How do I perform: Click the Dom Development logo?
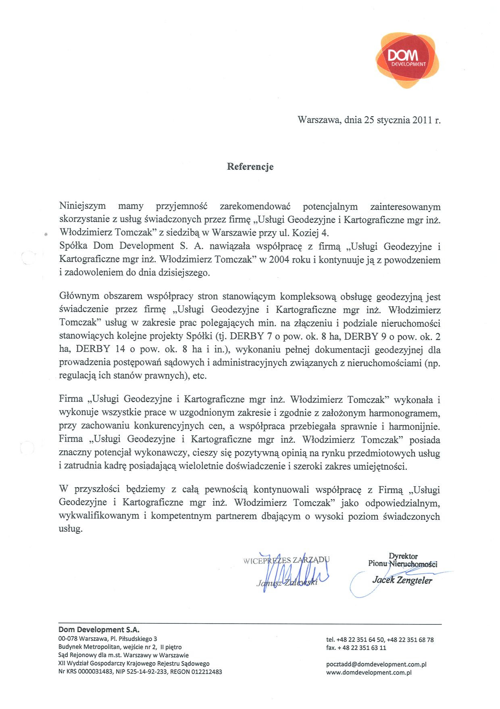pyautogui.click(x=407, y=60)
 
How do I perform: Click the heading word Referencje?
pyautogui.click(x=250, y=167)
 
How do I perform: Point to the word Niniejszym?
pyautogui.click(x=82, y=206)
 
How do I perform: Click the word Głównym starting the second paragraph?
pyautogui.click(x=79, y=296)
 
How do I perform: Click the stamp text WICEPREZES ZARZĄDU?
pyautogui.click(x=286, y=560)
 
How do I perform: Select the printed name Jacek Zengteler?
pyautogui.click(x=402, y=580)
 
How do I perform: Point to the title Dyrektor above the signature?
pyautogui.click(x=403, y=556)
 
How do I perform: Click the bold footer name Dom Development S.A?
pyautogui.click(x=99, y=630)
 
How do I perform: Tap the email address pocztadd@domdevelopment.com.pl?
pyautogui.click(x=376, y=664)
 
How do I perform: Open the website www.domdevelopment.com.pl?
pyautogui.click(x=369, y=672)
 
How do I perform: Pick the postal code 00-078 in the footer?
pyautogui.click(x=67, y=639)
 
